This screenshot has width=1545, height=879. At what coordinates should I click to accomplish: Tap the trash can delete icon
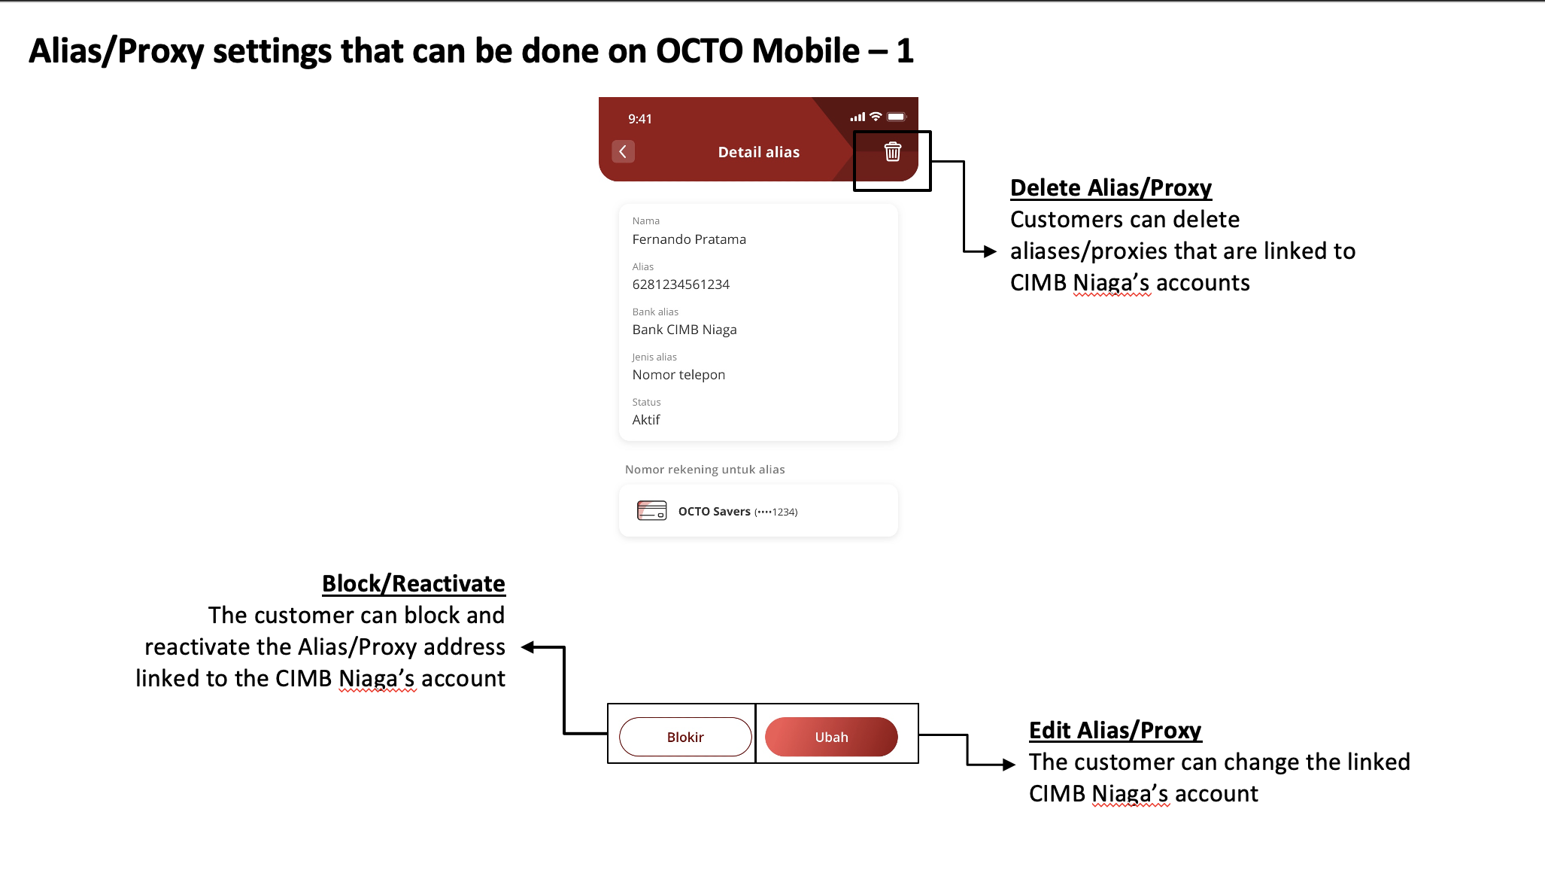tap(892, 152)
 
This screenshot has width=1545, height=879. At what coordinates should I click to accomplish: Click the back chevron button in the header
tap(623, 152)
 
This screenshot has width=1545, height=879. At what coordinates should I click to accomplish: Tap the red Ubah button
tap(831, 737)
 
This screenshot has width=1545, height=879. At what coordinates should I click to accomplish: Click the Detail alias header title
tap(758, 152)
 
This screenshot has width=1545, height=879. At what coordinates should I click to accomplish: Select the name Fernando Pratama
tap(689, 239)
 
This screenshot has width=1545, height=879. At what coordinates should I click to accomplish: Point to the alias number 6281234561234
tap(681, 284)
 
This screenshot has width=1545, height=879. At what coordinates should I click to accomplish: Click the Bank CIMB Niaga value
tap(684, 330)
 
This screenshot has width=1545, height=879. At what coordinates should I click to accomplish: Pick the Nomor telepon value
tap(678, 375)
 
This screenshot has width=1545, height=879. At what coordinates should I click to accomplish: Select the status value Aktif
tap(646, 420)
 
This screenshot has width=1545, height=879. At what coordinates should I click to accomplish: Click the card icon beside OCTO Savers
tap(651, 511)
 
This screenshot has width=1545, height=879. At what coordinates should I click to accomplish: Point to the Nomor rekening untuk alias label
tap(705, 470)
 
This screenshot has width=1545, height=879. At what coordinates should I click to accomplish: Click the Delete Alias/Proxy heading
tap(1110, 187)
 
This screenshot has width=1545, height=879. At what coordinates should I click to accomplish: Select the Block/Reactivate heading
tap(413, 583)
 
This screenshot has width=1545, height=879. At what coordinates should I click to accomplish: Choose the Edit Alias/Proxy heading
tap(1115, 730)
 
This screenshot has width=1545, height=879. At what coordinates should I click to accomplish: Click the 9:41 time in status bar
tap(640, 119)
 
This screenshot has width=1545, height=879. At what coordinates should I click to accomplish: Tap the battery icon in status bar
tap(896, 117)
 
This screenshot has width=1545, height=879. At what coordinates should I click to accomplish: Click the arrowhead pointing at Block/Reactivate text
tap(528, 647)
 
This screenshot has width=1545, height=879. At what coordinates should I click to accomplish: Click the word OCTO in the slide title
tap(700, 51)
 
